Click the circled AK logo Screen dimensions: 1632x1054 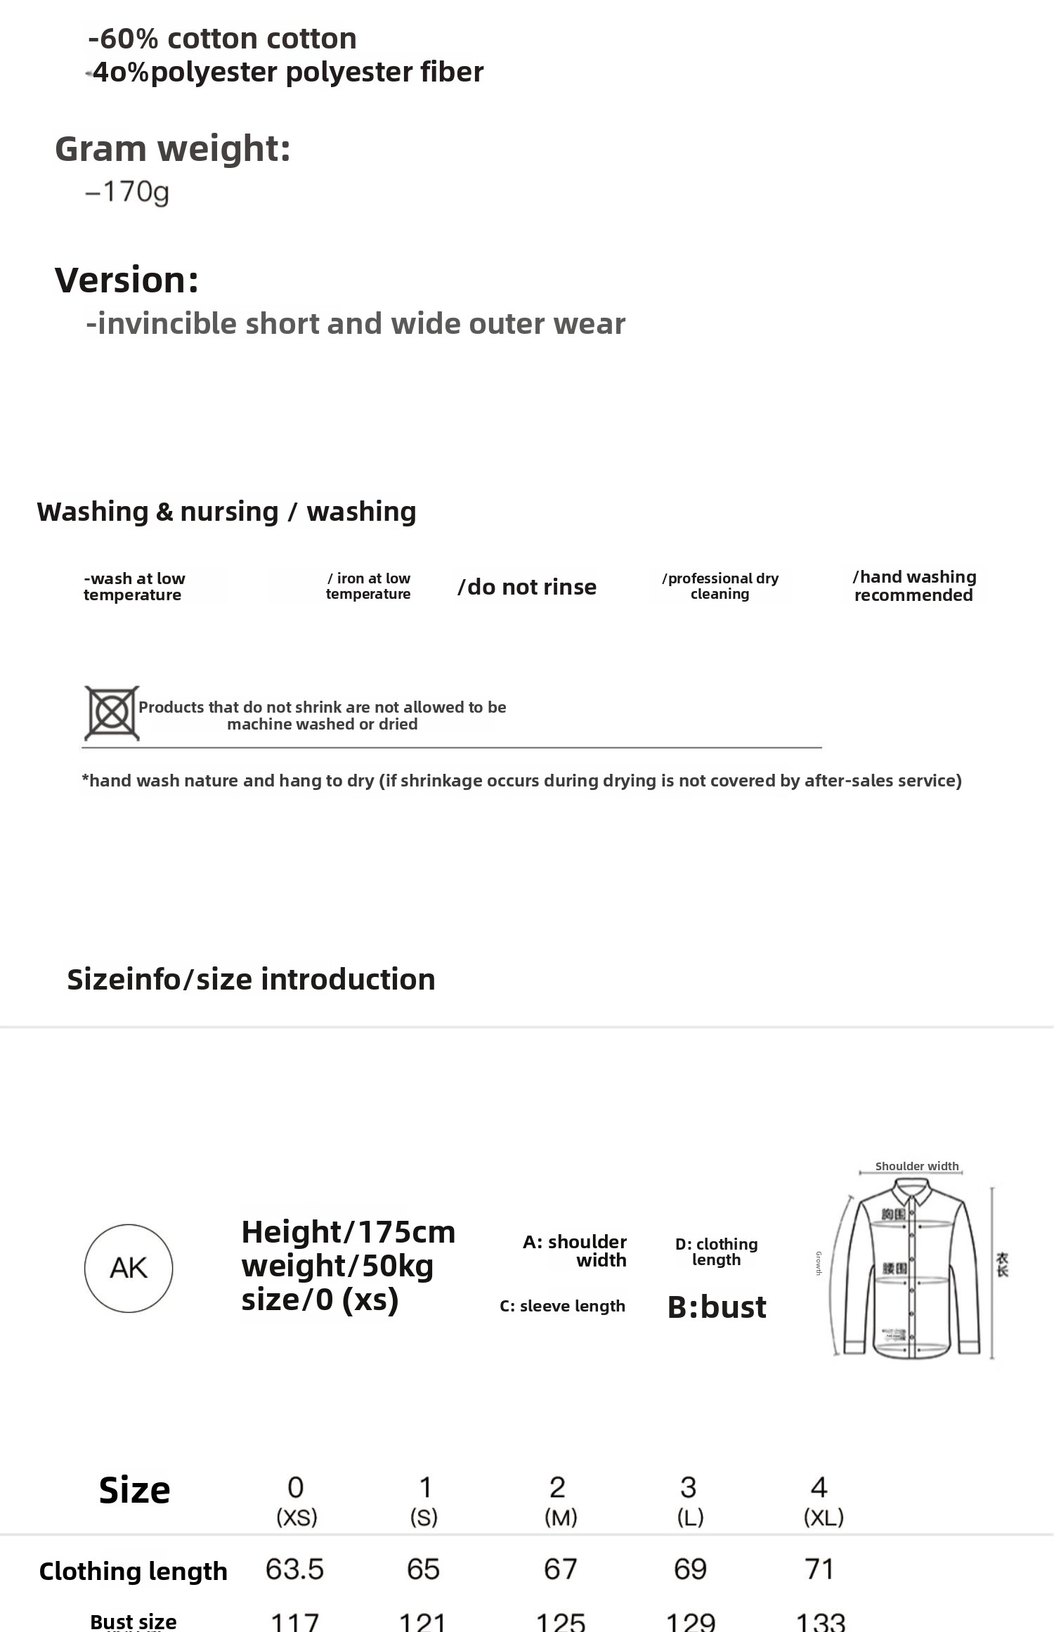tap(129, 1268)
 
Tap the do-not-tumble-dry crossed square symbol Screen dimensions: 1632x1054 tap(112, 713)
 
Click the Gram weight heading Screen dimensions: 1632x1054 tap(173, 149)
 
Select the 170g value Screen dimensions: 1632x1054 tap(127, 192)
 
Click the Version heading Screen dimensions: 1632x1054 tap(126, 280)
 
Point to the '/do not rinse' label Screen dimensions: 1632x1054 tap(527, 587)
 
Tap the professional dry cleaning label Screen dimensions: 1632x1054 tap(720, 586)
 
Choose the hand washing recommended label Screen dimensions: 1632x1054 tap(914, 586)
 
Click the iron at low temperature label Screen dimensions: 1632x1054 tap(368, 586)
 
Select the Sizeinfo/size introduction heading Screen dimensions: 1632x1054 tap(251, 979)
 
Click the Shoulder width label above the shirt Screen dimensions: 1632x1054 tap(916, 1166)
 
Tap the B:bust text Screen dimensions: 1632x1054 tap(717, 1307)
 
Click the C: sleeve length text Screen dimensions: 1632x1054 tap(562, 1306)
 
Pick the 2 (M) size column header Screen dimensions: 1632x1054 tap(560, 1501)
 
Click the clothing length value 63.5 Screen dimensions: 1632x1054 tap(294, 1569)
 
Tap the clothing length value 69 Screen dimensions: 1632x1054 tap(690, 1569)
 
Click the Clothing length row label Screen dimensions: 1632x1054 tap(134, 1572)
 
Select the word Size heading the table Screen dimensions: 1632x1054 tap(134, 1490)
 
